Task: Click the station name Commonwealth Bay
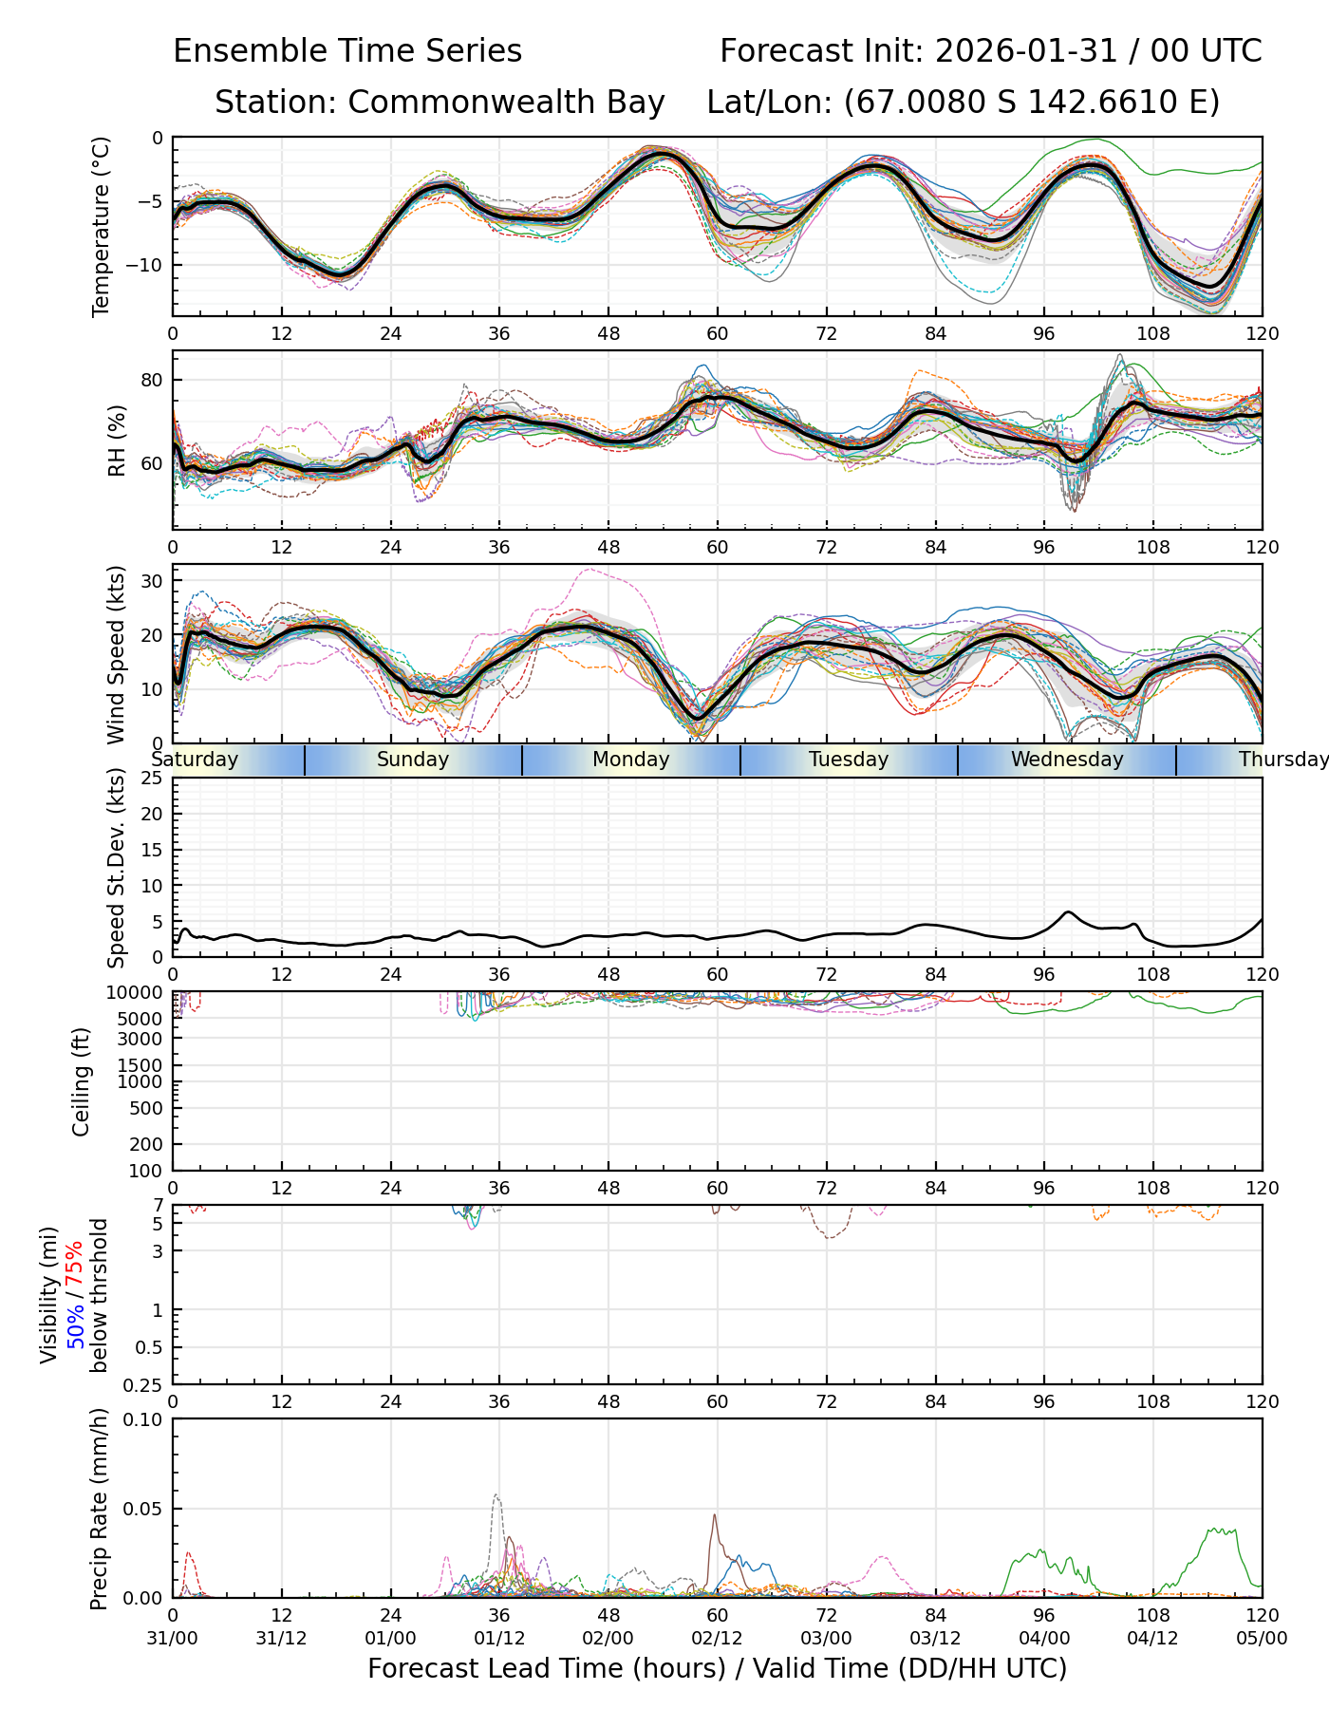tap(506, 103)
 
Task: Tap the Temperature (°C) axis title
tap(102, 226)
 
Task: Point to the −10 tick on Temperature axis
tap(148, 265)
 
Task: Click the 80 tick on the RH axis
tap(153, 381)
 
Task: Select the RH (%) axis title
tap(117, 441)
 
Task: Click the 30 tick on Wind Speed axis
tap(153, 580)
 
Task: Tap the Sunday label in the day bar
tap(412, 760)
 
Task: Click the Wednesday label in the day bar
tap(1066, 760)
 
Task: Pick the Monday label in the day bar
tap(630, 760)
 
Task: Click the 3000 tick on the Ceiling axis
tap(145, 1039)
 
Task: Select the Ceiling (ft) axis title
tap(82, 1081)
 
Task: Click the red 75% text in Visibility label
tap(75, 1264)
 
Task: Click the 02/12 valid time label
tap(717, 1638)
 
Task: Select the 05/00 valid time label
tap(1262, 1638)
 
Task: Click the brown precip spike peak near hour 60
tap(715, 1515)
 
